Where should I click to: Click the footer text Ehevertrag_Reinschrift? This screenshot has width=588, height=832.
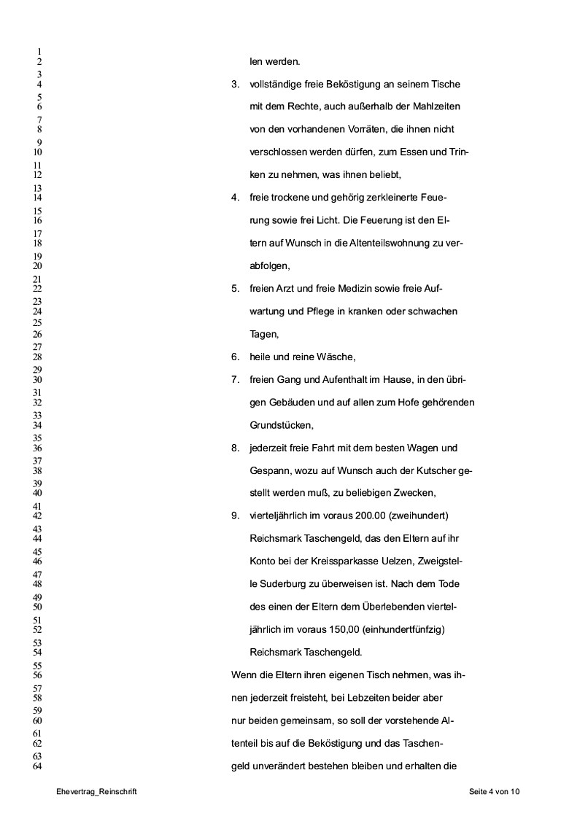click(x=100, y=791)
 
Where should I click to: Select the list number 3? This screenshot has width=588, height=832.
click(x=236, y=85)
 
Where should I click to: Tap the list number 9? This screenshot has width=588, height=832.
click(x=236, y=516)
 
